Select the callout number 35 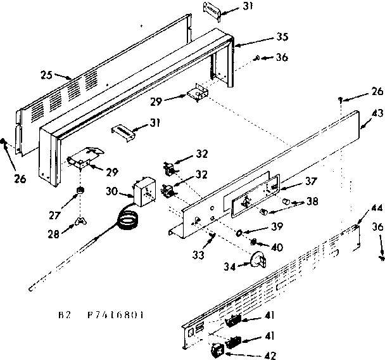pyautogui.click(x=255, y=36)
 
